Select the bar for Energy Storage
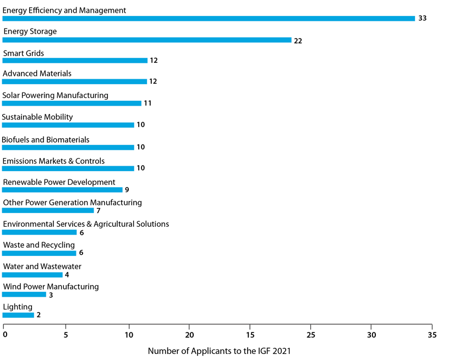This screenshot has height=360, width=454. click(146, 40)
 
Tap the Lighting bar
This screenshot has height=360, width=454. click(18, 315)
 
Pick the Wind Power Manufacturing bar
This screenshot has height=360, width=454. click(24, 294)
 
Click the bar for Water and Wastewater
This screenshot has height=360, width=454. click(32, 275)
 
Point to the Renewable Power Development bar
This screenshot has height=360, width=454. click(62, 190)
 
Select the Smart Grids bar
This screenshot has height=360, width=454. click(75, 61)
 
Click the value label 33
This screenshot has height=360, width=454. click(423, 19)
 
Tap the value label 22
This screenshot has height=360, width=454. click(298, 41)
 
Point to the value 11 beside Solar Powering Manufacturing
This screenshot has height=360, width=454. click(147, 103)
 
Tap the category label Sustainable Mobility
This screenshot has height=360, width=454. click(37, 117)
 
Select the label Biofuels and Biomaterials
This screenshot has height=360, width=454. click(46, 140)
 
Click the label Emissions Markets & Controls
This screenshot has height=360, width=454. click(53, 161)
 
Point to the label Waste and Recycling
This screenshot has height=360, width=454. click(39, 245)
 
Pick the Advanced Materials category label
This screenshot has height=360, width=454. click(37, 74)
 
